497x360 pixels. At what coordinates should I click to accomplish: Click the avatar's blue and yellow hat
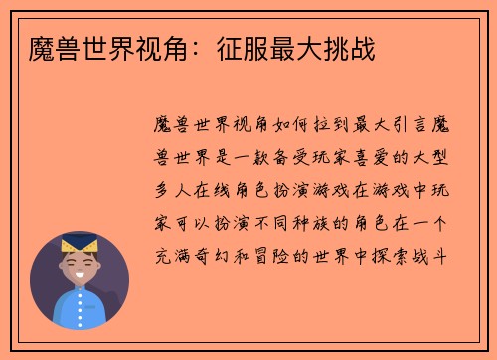pos(80,246)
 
